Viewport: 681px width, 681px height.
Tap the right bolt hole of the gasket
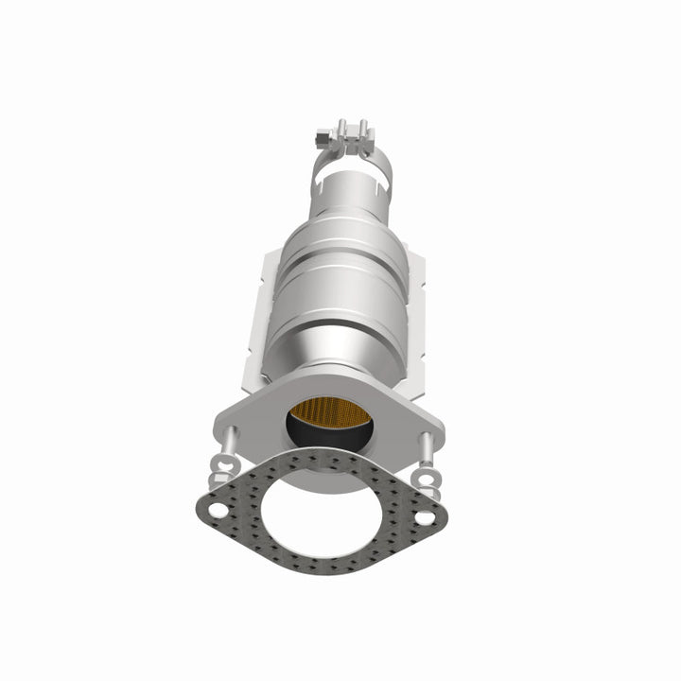pyautogui.click(x=425, y=518)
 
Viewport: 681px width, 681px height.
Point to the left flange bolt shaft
pyautogui.click(x=229, y=441)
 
